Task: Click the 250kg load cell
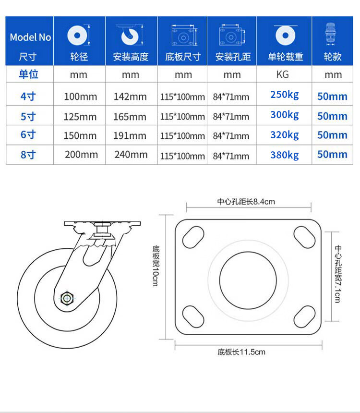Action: (285, 95)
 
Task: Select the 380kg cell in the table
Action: (285, 155)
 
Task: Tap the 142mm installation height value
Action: (130, 97)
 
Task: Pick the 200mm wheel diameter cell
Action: (82, 154)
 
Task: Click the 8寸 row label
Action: (28, 155)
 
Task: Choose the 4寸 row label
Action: (28, 96)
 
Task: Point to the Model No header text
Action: (31, 37)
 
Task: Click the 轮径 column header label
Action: (79, 57)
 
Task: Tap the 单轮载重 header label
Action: (286, 57)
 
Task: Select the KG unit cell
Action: (283, 74)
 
